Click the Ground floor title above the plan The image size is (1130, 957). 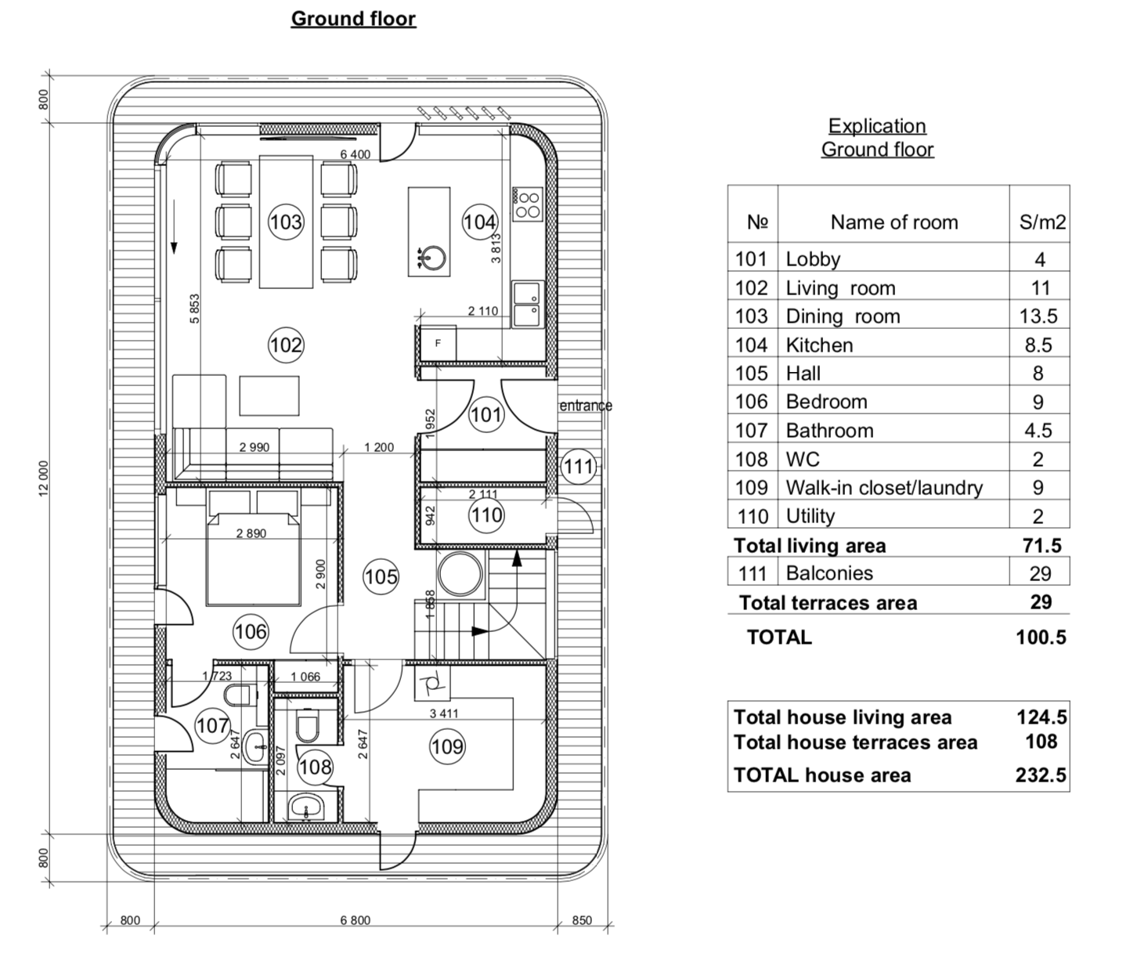pos(353,19)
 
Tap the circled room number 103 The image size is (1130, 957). pos(286,222)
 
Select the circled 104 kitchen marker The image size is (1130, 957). pos(479,222)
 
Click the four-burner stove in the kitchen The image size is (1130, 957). pos(528,204)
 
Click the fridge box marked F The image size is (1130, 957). pos(437,344)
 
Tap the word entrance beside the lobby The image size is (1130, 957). pos(586,406)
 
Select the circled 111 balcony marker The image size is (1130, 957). pos(579,467)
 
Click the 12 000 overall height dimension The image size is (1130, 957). pos(44,479)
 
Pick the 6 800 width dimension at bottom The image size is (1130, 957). pos(356,920)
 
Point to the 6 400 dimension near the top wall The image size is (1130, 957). pos(356,155)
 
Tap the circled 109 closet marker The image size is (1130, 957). pos(448,747)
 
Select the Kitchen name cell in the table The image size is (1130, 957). pos(819,345)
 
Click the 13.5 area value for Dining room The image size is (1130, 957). pos(1038,316)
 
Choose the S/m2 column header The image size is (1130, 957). pos(1042,222)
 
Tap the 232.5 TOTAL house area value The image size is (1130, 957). pos(1041,775)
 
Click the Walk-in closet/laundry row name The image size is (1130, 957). pos(884,487)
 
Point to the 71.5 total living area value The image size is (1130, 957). pos(1042,545)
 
